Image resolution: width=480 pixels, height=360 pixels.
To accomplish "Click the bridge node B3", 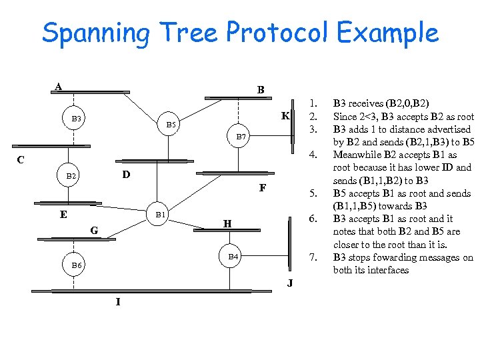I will (x=77, y=119).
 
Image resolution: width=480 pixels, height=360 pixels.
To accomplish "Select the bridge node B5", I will (x=171, y=125).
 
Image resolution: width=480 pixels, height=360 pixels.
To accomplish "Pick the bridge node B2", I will (x=73, y=176).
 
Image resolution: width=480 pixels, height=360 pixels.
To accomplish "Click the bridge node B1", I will (x=160, y=215).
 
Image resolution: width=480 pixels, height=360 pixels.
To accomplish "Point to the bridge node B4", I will (x=233, y=256).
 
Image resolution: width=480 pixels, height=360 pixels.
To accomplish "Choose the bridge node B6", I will (x=77, y=265).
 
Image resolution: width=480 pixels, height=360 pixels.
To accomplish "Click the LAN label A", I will (x=59, y=87).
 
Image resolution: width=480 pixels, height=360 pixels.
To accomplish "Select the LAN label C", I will (x=21, y=160).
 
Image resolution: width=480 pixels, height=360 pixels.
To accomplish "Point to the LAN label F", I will (x=263, y=188).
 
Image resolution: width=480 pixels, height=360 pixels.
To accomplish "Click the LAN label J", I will (x=290, y=283).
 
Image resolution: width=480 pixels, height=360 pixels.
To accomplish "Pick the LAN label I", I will (x=118, y=302).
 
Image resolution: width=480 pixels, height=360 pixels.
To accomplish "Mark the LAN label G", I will (x=94, y=231).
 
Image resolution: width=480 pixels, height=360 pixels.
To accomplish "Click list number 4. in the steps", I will (x=311, y=155).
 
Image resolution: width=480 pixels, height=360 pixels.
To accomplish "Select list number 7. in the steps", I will (x=311, y=257).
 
